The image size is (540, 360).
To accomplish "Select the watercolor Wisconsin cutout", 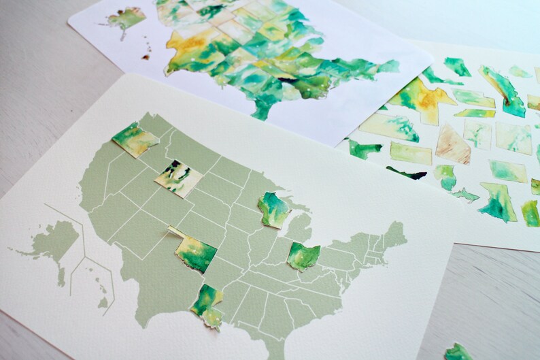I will tap(273, 209).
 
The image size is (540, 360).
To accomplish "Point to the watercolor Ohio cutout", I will tap(303, 256).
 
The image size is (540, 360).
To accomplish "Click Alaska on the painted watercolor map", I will tap(126, 18).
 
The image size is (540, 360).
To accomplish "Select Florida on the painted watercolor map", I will tap(262, 105).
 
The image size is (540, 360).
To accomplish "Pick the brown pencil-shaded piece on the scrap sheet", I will tap(453, 144).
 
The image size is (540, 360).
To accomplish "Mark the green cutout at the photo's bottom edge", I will tap(458, 353).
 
